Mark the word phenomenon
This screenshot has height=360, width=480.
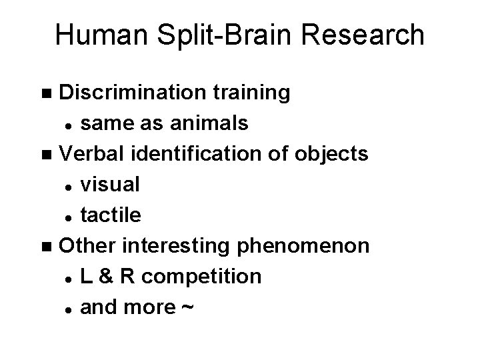pyautogui.click(x=317, y=247)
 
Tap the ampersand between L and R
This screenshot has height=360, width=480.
pyautogui.click(x=105, y=276)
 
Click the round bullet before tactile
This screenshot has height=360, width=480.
pyautogui.click(x=69, y=216)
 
